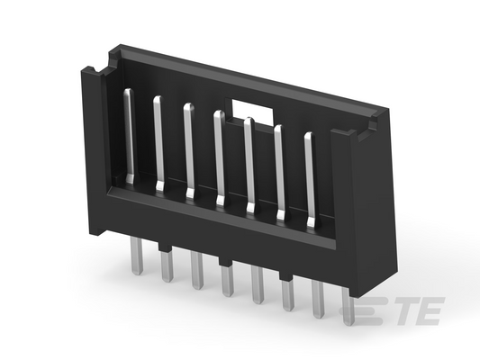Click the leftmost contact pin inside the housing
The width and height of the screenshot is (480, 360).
pyautogui.click(x=130, y=137)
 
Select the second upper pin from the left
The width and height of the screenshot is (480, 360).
pyautogui.click(x=158, y=144)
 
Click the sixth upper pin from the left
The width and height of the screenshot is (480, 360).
pyautogui.click(x=280, y=173)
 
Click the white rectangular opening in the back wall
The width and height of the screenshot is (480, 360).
pyautogui.click(x=252, y=110)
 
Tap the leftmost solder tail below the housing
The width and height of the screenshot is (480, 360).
pyautogui.click(x=136, y=256)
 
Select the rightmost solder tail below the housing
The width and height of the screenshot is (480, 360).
pyautogui.click(x=347, y=305)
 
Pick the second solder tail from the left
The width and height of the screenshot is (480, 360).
pyautogui.click(x=167, y=265)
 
